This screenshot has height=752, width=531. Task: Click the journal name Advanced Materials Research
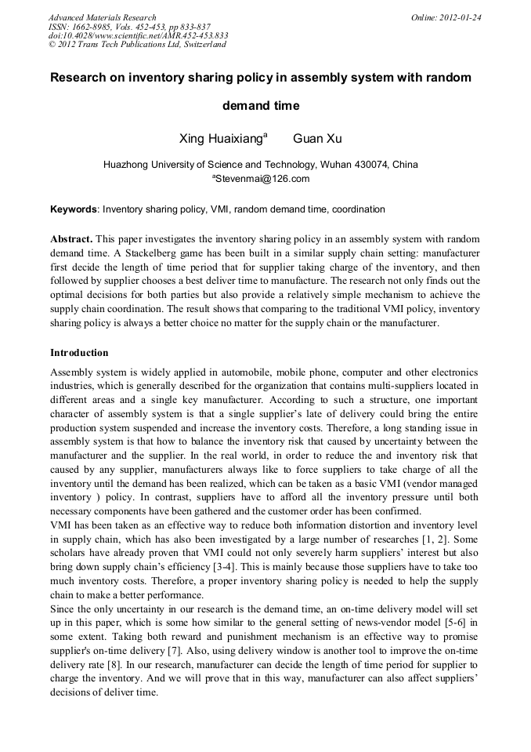tap(103, 17)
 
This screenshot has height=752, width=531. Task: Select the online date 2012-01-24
tap(459, 17)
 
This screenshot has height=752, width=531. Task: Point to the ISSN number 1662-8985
tap(94, 27)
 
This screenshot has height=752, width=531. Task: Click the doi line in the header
tap(138, 35)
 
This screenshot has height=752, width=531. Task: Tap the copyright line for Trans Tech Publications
tap(137, 45)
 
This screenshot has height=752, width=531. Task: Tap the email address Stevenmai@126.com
tap(262, 179)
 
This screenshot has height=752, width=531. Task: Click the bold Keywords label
tap(74, 210)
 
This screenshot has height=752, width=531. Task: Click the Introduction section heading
tap(79, 353)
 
